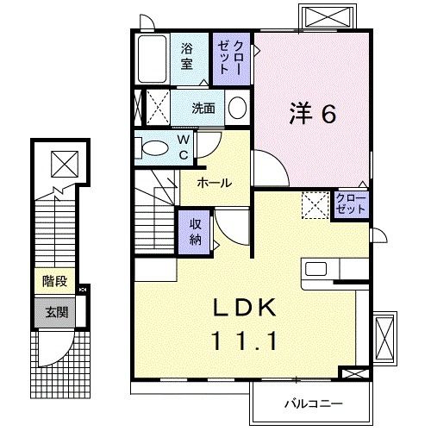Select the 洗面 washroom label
pos(203,109)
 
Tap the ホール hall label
pos(214,183)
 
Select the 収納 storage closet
pos(196,230)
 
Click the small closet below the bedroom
pos(351,205)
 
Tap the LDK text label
pos(244,309)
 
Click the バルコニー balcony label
pos(314,403)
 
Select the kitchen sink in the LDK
pos(315,269)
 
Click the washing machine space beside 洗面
pos(153,109)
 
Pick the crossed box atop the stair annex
pos(63,162)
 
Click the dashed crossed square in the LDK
pos(313,205)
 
